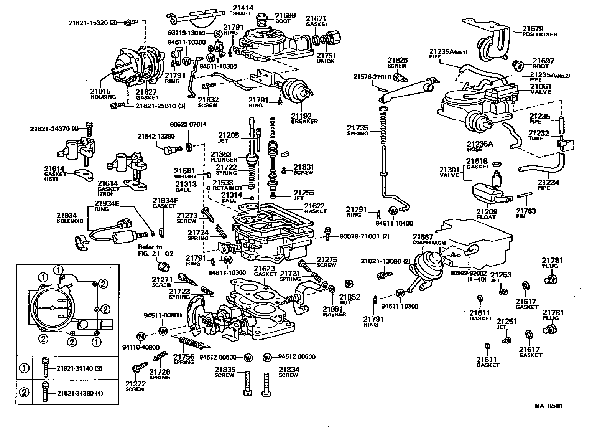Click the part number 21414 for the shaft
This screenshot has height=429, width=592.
point(243,8)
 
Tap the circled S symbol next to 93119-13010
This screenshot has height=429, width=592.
point(217,34)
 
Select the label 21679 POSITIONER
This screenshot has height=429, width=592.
point(540,31)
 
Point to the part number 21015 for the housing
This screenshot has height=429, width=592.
point(100,91)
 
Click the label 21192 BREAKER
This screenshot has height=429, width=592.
point(304,118)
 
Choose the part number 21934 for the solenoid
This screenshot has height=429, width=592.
point(67,216)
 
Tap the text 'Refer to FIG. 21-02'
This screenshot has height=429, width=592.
point(156,250)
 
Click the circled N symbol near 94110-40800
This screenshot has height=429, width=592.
point(141,337)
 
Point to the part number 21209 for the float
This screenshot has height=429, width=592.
point(487,211)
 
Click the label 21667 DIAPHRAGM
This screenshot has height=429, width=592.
point(429,239)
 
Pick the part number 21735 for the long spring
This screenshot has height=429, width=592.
point(357,128)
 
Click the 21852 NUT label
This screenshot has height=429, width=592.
point(349,299)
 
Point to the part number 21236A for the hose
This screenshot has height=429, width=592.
point(480,144)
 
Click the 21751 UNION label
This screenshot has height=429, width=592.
point(326,58)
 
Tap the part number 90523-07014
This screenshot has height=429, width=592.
point(188,124)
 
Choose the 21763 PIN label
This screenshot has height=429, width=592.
point(526,213)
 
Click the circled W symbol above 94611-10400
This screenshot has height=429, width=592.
point(393,211)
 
